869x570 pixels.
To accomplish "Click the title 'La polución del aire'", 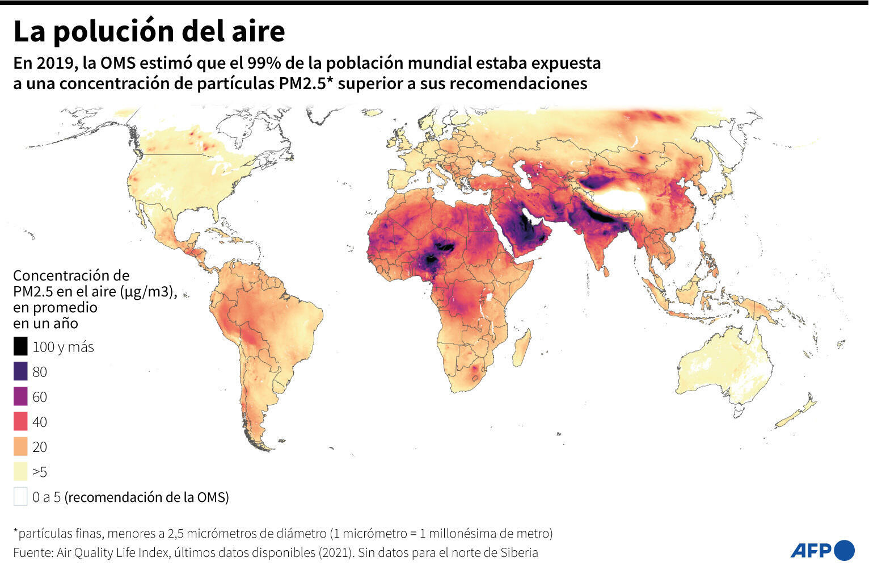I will tap(149, 31).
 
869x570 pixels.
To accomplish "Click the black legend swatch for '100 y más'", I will tap(20, 346).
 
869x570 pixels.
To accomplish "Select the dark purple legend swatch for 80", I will tap(20, 371).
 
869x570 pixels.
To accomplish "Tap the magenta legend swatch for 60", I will tap(20, 396).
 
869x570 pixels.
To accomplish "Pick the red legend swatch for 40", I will tap(20, 421).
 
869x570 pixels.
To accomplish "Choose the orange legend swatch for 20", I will tap(20, 446).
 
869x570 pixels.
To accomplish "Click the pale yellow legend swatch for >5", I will tap(20, 471).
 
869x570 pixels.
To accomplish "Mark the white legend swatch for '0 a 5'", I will tap(20, 497).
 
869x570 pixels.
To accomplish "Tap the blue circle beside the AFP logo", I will tap(845, 550).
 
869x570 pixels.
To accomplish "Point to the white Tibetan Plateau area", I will tap(621, 200).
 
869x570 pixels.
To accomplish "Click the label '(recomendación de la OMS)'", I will tap(147, 497).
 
